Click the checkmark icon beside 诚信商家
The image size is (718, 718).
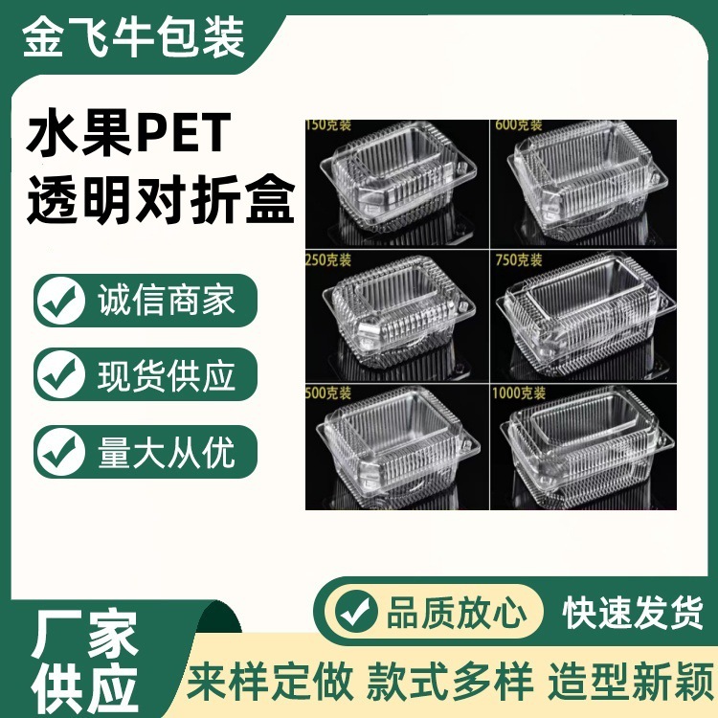[59, 301]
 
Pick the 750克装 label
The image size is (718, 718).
[518, 259]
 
